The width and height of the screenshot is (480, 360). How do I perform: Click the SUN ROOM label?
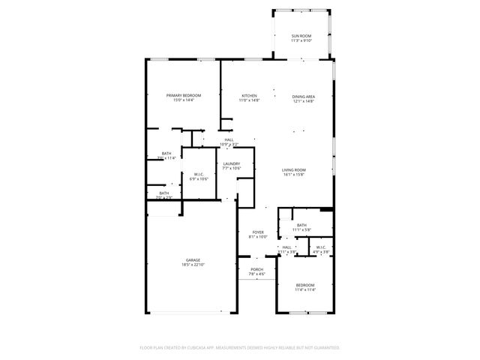(x=301, y=36)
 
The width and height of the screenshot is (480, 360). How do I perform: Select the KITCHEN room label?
(x=249, y=95)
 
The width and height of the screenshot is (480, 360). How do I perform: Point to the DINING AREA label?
(x=303, y=95)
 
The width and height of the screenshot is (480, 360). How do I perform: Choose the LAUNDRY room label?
(x=231, y=163)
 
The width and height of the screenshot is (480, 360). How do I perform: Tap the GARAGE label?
(x=193, y=260)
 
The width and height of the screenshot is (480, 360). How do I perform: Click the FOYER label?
(x=258, y=232)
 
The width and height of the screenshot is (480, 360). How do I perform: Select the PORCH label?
(x=256, y=269)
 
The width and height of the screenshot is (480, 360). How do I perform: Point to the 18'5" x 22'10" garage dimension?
(x=193, y=265)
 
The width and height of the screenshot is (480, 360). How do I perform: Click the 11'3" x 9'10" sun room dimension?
(x=301, y=40)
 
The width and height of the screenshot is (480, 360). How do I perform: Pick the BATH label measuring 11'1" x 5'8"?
(x=301, y=224)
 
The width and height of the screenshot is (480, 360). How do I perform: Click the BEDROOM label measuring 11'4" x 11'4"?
(x=304, y=285)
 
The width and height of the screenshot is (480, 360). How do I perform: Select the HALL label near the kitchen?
(x=229, y=139)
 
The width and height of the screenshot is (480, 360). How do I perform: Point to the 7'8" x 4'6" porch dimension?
(x=256, y=274)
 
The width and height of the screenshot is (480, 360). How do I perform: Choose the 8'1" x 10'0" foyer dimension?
(x=258, y=237)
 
